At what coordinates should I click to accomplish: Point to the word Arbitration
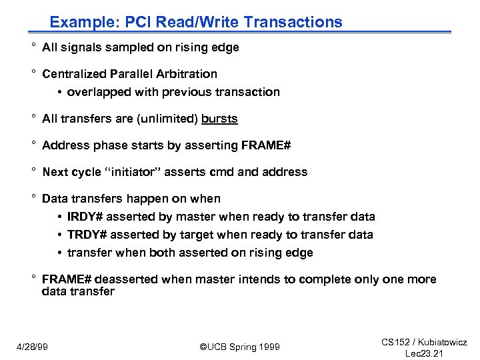tap(187, 74)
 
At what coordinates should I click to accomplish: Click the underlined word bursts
tap(219, 119)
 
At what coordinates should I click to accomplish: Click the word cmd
tap(221, 172)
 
